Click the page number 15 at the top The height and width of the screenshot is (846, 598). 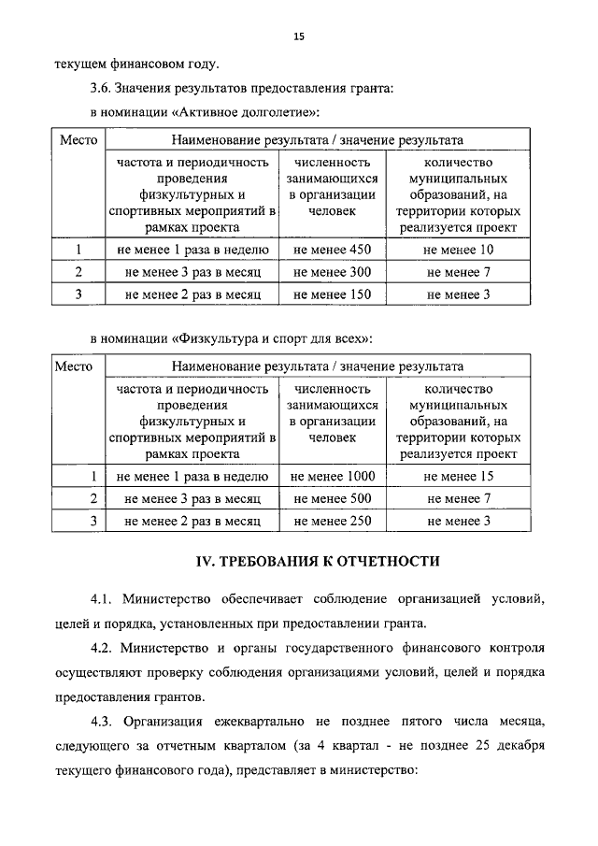pos(299,36)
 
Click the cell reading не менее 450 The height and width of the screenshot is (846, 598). pos(332,250)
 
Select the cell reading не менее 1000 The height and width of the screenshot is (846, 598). pos(332,477)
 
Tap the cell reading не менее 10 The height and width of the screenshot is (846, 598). pos(459,250)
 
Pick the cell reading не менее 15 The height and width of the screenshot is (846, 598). pos(459,477)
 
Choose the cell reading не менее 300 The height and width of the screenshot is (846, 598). pos(332,272)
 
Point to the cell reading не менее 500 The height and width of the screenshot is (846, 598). pos(332,499)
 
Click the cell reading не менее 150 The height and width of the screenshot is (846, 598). pos(332,294)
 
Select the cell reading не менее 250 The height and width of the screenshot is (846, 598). pos(332,522)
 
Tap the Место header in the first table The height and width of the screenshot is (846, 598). pos(79,140)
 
